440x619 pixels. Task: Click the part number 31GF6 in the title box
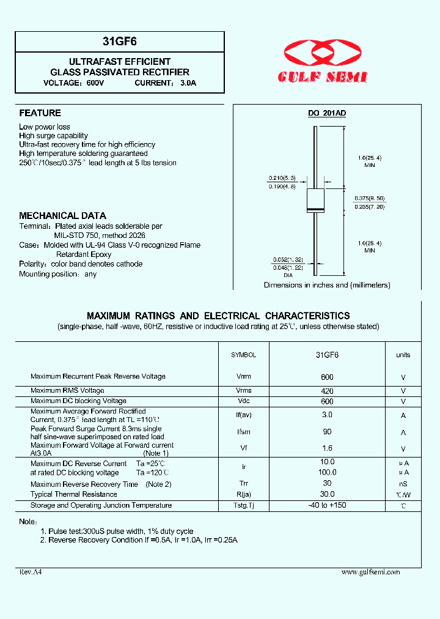(x=119, y=42)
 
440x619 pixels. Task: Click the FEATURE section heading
(x=40, y=113)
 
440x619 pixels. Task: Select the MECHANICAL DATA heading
(x=62, y=216)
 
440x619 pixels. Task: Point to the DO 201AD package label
(x=326, y=113)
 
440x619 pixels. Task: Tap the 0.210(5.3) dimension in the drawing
(x=282, y=178)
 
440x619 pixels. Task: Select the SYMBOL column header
(x=243, y=355)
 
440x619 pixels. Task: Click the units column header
(x=403, y=355)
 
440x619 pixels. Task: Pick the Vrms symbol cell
(x=244, y=390)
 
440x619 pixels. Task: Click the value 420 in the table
(x=327, y=391)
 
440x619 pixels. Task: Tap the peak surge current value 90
(x=327, y=432)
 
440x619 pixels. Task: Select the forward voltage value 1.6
(x=327, y=449)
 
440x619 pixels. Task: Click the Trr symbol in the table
(x=244, y=484)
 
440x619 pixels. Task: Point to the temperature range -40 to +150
(x=327, y=505)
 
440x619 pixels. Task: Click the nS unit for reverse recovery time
(x=403, y=484)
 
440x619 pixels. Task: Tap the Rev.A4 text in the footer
(x=31, y=572)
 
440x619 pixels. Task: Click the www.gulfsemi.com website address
(x=370, y=572)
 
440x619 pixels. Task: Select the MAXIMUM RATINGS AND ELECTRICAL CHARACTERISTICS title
(x=218, y=316)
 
